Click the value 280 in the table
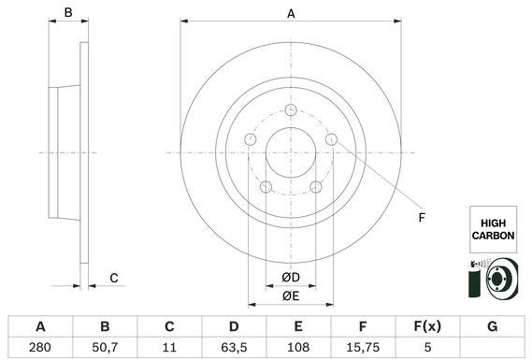(40, 347)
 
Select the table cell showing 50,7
(105, 347)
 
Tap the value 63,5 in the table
(234, 347)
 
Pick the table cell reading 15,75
(363, 347)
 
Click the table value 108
(298, 347)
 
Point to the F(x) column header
(427, 326)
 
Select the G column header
(493, 326)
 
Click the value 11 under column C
(169, 347)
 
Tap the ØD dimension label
(291, 278)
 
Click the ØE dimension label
(291, 296)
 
